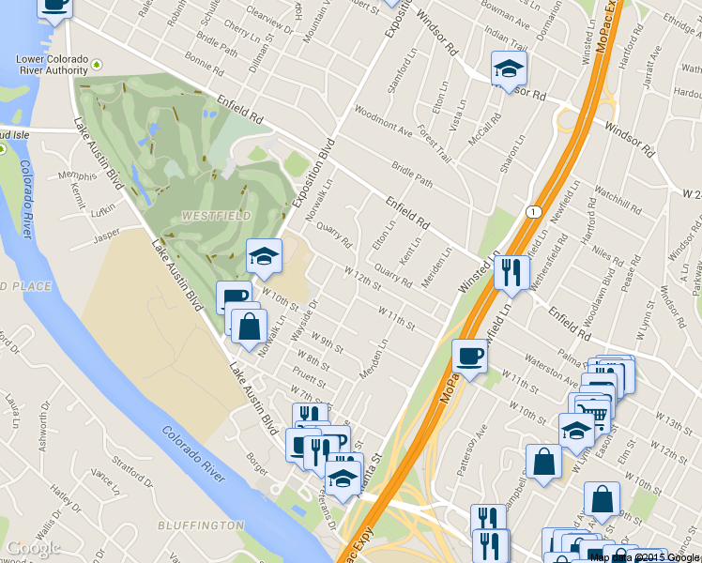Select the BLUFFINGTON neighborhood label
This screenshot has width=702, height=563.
pyautogui.click(x=201, y=525)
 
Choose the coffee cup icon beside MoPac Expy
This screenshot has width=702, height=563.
pyautogui.click(x=469, y=357)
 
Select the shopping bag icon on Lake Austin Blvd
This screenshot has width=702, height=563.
pyautogui.click(x=248, y=328)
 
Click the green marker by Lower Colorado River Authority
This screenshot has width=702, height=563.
pyautogui.click(x=97, y=67)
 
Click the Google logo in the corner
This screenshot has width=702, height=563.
pyautogui.click(x=34, y=548)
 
